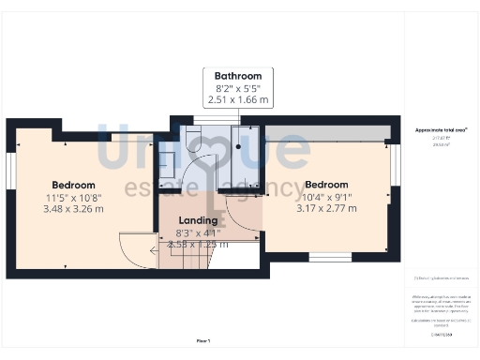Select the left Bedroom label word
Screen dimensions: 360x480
(x=74, y=185)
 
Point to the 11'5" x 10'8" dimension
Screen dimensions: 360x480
(x=74, y=197)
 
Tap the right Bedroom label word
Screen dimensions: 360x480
(x=326, y=185)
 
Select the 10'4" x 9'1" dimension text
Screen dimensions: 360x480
(x=326, y=197)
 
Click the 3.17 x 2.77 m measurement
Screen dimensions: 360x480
(x=326, y=208)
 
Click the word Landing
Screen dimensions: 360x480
(x=199, y=221)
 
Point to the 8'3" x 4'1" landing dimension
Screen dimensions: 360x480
(x=199, y=232)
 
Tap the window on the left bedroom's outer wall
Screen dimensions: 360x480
(x=10, y=170)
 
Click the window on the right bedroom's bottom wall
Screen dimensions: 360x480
(x=329, y=256)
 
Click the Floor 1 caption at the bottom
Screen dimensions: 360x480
(x=203, y=340)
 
